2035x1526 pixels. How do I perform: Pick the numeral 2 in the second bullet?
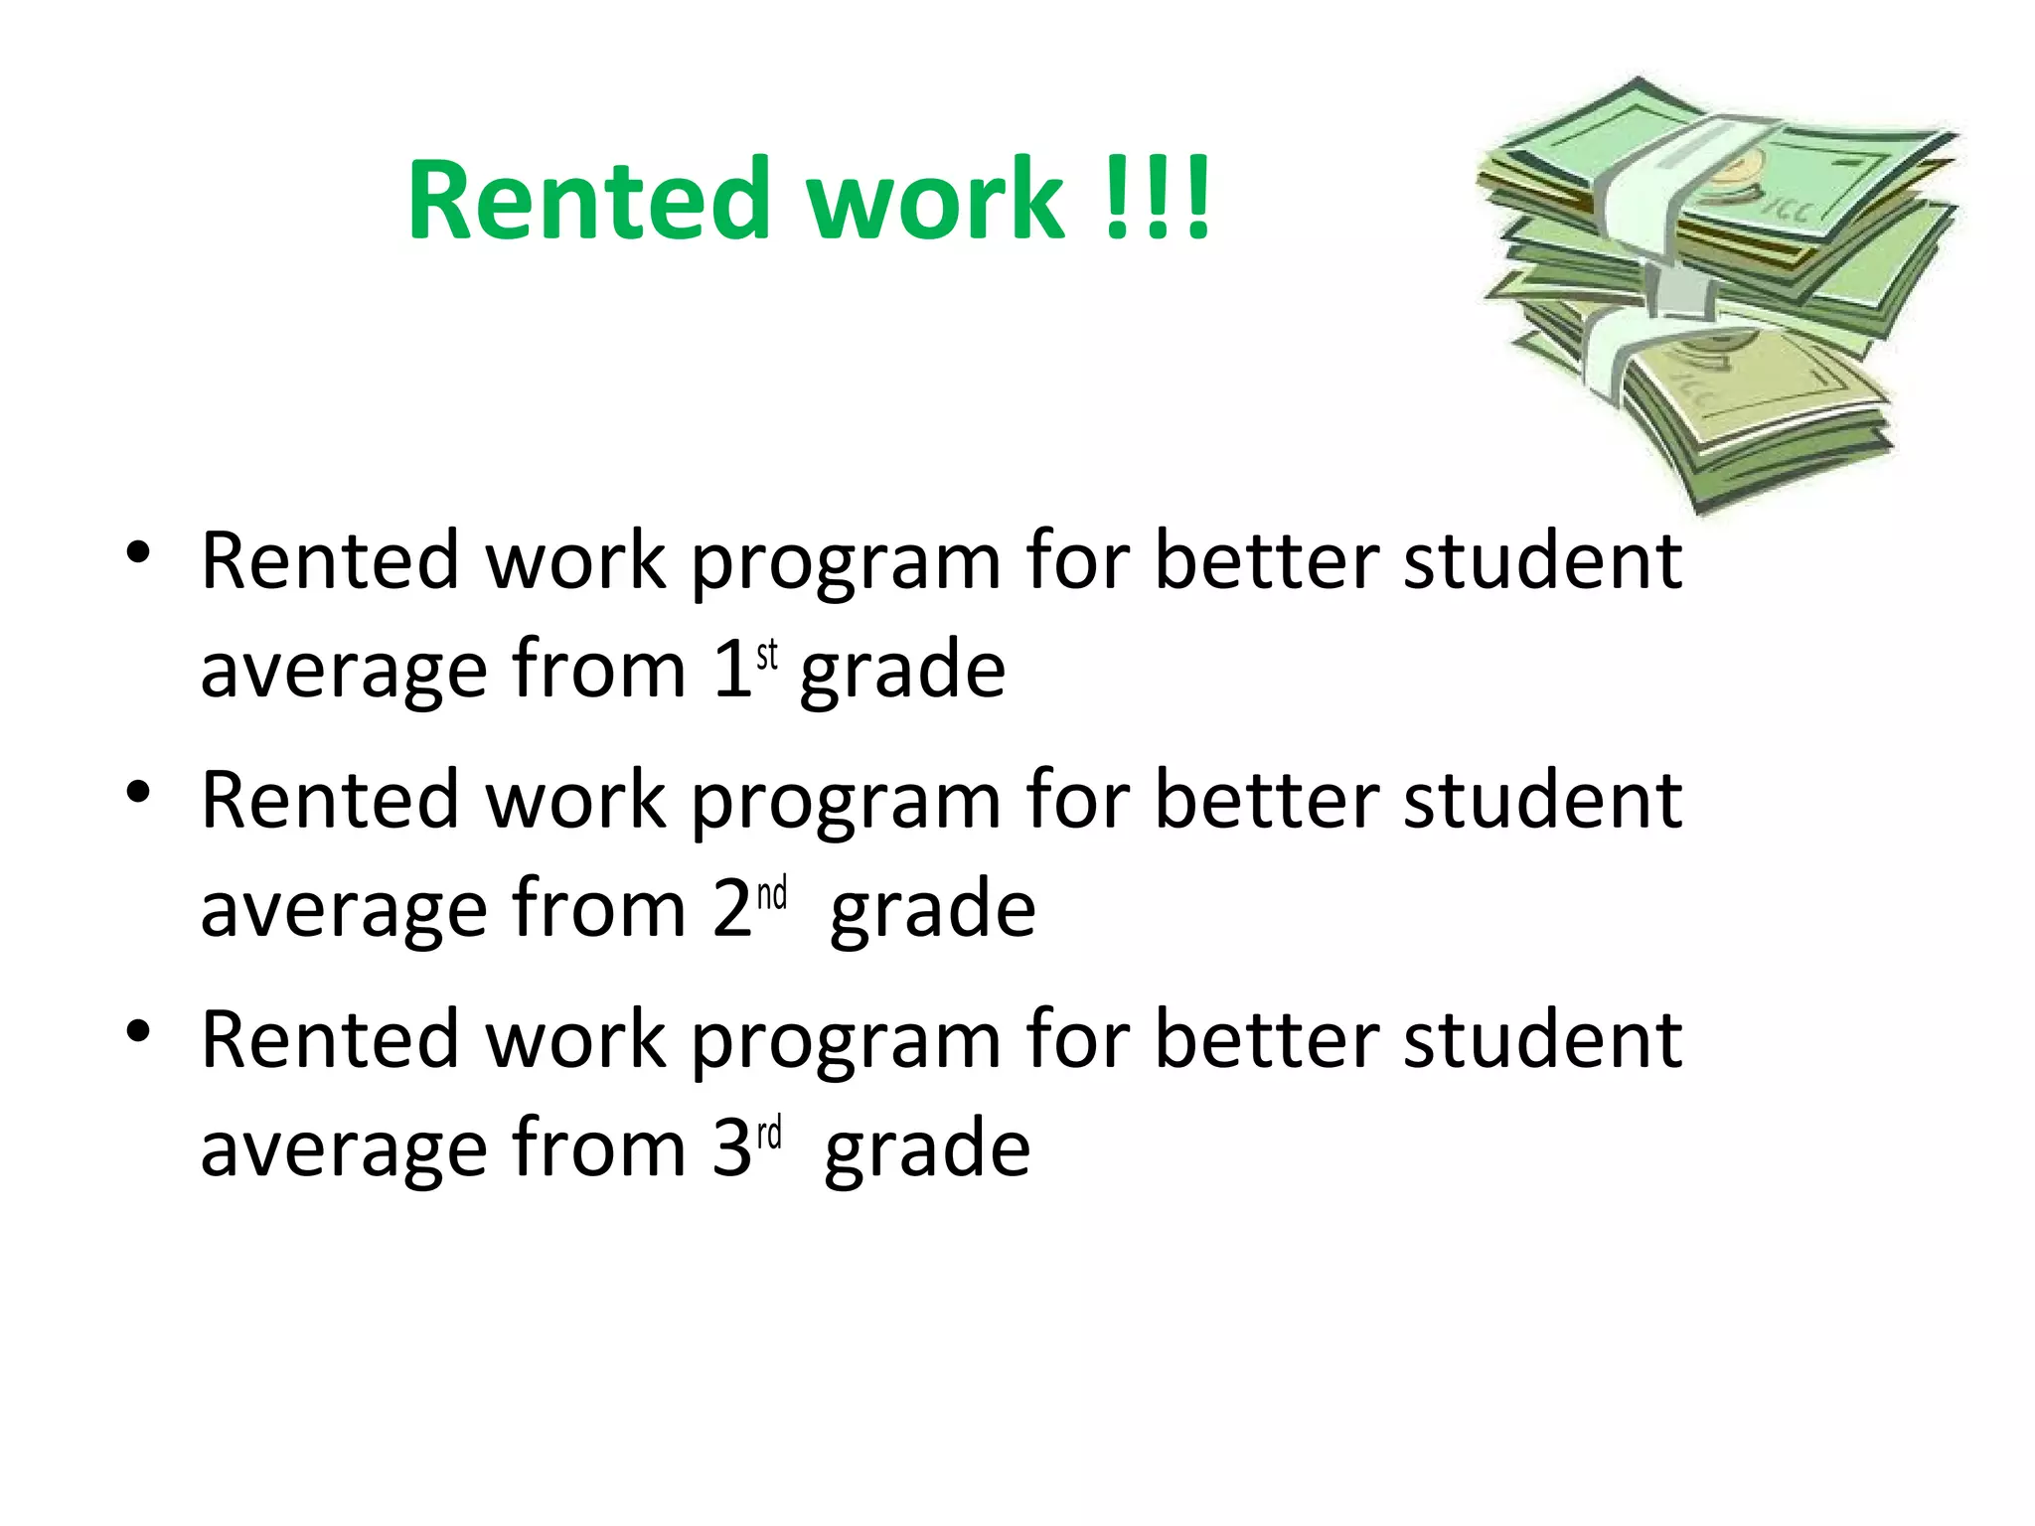[x=732, y=908]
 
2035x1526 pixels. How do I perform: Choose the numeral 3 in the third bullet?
[x=732, y=1147]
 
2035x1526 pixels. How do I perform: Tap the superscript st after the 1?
[x=767, y=656]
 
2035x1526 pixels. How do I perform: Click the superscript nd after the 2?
[x=772, y=894]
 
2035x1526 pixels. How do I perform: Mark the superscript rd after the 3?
[x=770, y=1134]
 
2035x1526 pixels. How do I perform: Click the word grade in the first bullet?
[x=902, y=671]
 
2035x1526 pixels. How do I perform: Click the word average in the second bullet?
[x=344, y=910]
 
